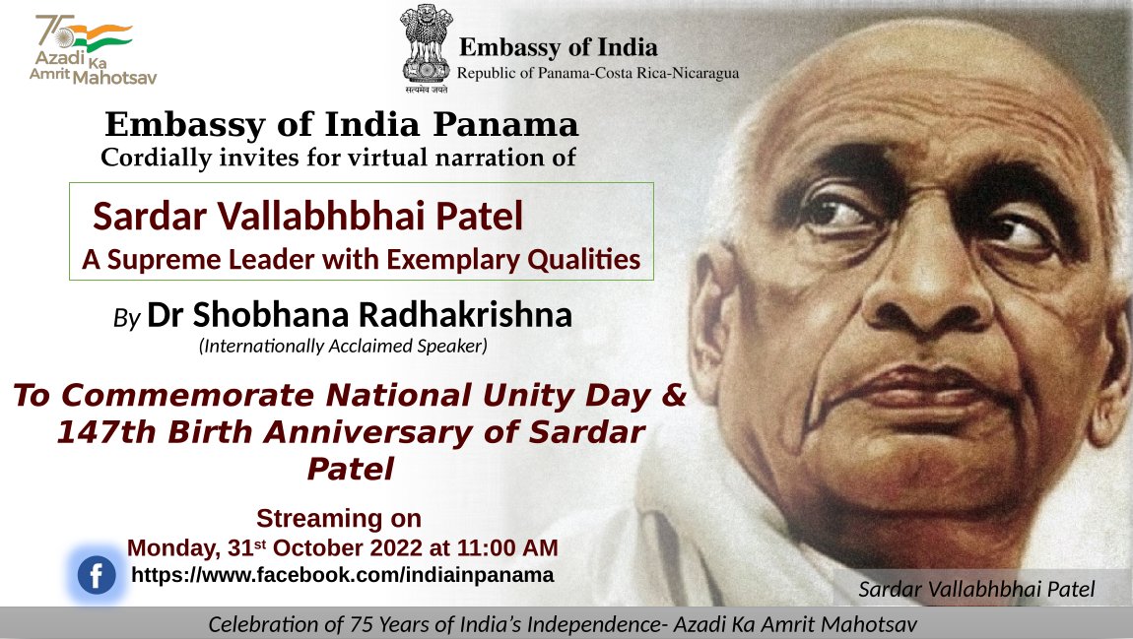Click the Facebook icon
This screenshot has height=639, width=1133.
[97, 576]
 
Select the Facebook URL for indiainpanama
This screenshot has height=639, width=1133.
[342, 574]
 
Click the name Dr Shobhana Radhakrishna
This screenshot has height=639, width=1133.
[360, 315]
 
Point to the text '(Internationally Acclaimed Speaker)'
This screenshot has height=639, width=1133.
[343, 346]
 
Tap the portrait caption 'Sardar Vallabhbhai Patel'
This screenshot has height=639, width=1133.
[976, 590]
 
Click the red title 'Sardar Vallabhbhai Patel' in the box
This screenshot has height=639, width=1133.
[307, 217]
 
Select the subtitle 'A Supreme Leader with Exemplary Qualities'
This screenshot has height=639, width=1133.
[362, 260]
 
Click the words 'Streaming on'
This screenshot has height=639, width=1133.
[339, 519]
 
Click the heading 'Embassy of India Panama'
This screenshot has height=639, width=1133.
[342, 126]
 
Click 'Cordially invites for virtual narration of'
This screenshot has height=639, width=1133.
[339, 157]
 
